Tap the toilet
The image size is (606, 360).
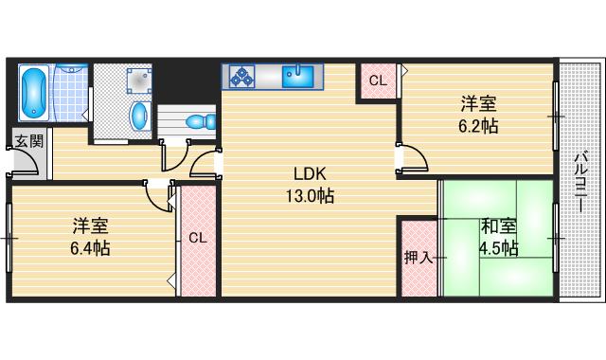coord(198,121)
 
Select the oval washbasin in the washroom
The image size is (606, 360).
coord(139,116)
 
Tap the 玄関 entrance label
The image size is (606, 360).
coord(28,142)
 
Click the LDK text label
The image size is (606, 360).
coord(310,175)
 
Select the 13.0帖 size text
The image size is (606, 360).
coord(311,197)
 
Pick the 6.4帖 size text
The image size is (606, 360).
coord(90,248)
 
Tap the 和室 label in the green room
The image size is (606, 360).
coord(497,226)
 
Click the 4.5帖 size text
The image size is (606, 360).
coord(497,248)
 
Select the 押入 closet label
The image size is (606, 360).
coord(418,257)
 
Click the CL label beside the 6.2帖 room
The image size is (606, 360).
coord(377,81)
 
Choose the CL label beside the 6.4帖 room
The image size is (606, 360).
coord(197,238)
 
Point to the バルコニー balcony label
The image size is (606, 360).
coord(579,180)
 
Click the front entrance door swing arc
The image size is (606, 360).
coord(28,165)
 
